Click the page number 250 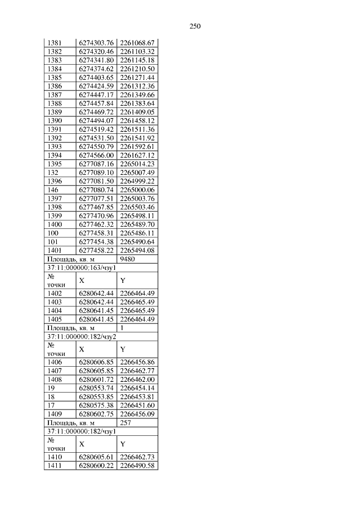pyautogui.click(x=195, y=26)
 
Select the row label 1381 pyautogui.click(x=54, y=42)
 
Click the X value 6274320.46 pyautogui.click(x=97, y=51)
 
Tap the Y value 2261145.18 pyautogui.click(x=137, y=60)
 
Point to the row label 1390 pyautogui.click(x=54, y=120)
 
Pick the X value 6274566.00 pyautogui.click(x=97, y=155)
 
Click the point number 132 pyautogui.click(x=52, y=173)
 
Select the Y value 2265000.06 pyautogui.click(x=137, y=190)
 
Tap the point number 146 pyautogui.click(x=52, y=190)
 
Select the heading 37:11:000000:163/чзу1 pyautogui.click(x=81, y=268)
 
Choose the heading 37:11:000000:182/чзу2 pyautogui.click(x=81, y=336)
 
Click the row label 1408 pyautogui.click(x=54, y=379)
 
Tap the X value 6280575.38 pyautogui.click(x=97, y=405)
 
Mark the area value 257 pyautogui.click(x=126, y=422)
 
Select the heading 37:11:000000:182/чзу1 pyautogui.click(x=81, y=431)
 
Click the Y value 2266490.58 pyautogui.click(x=137, y=466)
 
